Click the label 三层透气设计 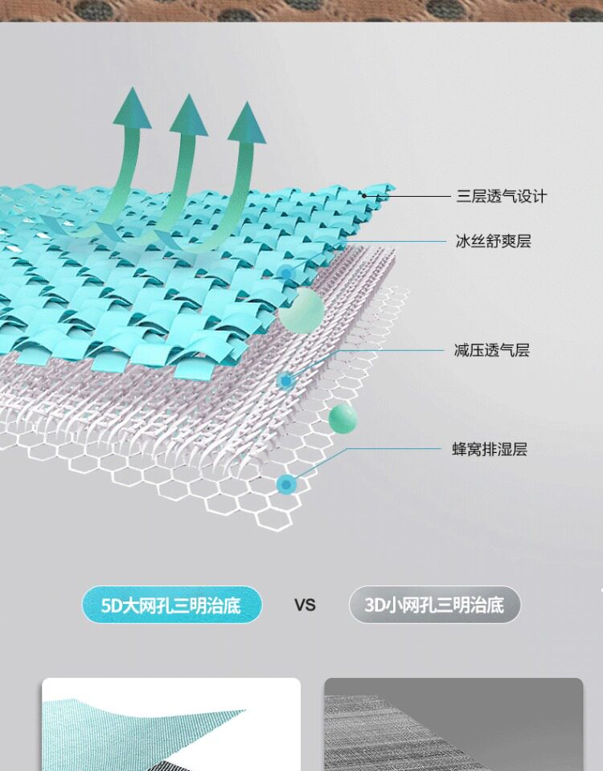501,196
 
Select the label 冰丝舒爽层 493,241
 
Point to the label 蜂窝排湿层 490,449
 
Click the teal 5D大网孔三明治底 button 172,605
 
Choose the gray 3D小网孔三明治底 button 434,605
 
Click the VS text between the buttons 305,605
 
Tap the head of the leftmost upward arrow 132,108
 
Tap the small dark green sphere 343,418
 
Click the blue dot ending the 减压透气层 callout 286,380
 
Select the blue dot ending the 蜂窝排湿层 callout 286,483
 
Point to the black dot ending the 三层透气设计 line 363,194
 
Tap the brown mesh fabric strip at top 301,10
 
